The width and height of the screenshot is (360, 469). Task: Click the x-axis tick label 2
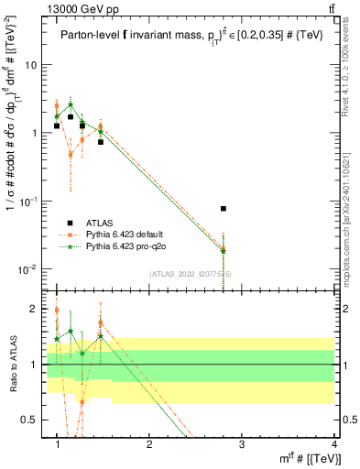click(149, 444)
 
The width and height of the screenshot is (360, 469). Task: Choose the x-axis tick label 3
click(242, 444)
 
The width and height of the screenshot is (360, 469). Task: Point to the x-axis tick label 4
click(333, 444)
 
